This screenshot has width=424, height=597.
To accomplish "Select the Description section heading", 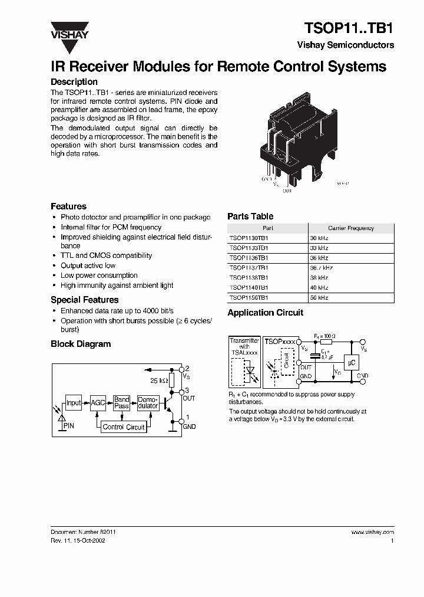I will point(74,82).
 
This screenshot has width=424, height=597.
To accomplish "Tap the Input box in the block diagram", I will point(74,404).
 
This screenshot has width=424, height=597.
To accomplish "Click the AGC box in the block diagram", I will point(97,404).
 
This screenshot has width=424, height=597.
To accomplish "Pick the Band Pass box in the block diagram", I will point(122,403).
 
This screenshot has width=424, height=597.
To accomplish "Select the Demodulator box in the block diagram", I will point(148,403).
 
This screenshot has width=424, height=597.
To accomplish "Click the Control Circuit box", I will point(124,427).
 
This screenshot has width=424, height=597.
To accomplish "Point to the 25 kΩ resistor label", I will point(159,380).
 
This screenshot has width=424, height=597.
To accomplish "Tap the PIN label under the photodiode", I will point(69,425).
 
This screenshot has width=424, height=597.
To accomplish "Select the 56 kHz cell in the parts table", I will point(319,298).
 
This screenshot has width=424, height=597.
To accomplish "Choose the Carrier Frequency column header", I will point(351,228).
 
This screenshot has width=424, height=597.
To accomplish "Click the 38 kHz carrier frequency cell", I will point(319,278).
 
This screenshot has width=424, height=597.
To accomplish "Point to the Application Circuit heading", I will point(265,313).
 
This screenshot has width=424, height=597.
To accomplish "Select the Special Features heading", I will point(84,300).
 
